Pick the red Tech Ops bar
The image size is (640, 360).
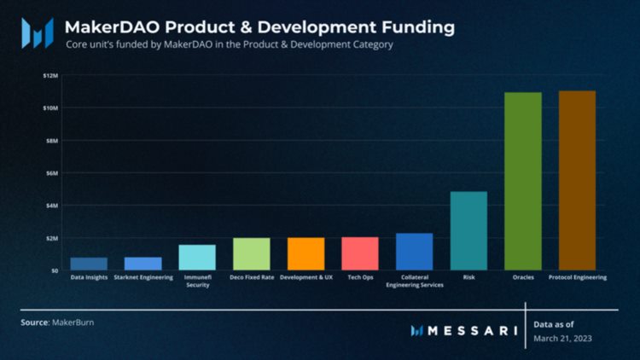(x=360, y=253)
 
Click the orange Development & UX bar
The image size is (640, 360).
(x=305, y=253)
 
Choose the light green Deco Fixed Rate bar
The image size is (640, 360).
(x=252, y=253)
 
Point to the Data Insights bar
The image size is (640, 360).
(x=89, y=264)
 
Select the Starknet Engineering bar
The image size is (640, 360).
(x=143, y=264)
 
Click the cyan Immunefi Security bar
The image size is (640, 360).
(x=197, y=257)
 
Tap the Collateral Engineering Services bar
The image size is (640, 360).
(x=414, y=251)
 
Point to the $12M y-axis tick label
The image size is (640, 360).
(x=50, y=75)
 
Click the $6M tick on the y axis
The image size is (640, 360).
(x=51, y=172)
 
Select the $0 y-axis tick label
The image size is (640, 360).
(x=54, y=270)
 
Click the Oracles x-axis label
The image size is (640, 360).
(x=523, y=277)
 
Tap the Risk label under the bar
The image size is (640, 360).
(x=468, y=277)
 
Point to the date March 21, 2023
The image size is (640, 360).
(x=563, y=338)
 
